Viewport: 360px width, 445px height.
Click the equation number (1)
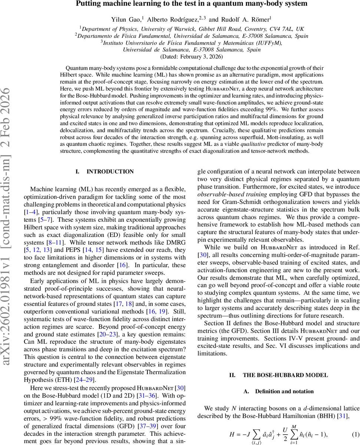(354, 434)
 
